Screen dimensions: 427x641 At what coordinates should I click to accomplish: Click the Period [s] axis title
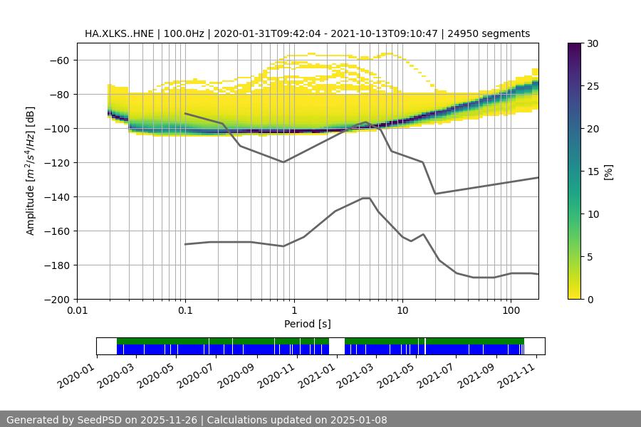click(307, 324)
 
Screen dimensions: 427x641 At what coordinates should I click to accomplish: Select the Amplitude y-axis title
click(31, 171)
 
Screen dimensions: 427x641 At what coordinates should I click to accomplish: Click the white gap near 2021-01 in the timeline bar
click(336, 346)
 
